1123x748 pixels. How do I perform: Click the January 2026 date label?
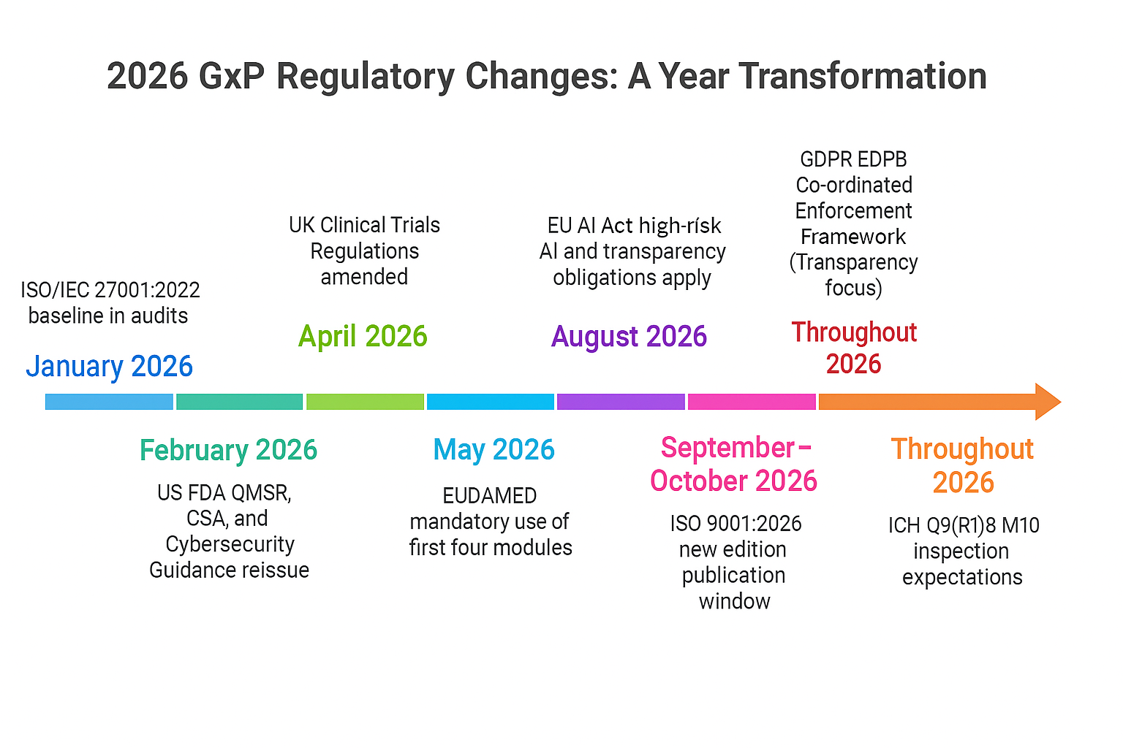[x=110, y=366]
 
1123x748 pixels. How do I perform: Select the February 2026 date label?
[x=228, y=450]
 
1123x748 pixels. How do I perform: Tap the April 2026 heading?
[x=363, y=336]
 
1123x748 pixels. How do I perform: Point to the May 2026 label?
[x=494, y=449]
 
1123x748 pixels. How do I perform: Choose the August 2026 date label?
[x=629, y=336]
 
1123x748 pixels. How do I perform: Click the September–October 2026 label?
[x=733, y=464]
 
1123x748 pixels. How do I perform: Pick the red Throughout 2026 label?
[x=853, y=348]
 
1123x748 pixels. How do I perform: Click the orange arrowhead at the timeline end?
[x=1047, y=402]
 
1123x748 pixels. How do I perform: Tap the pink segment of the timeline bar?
[x=752, y=402]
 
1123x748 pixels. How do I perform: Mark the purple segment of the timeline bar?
[x=621, y=402]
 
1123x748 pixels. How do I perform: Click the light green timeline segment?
[x=365, y=402]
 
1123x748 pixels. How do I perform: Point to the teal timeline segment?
[x=239, y=402]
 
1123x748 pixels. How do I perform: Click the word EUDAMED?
[x=489, y=496]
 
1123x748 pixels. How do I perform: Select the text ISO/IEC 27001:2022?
[x=110, y=290]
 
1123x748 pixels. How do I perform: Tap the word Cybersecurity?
[x=230, y=544]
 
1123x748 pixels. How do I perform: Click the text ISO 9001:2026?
[x=736, y=524]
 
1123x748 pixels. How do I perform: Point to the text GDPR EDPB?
[x=853, y=159]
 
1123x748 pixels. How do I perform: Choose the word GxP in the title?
[x=232, y=77]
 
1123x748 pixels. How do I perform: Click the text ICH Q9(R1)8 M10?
[x=963, y=525]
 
